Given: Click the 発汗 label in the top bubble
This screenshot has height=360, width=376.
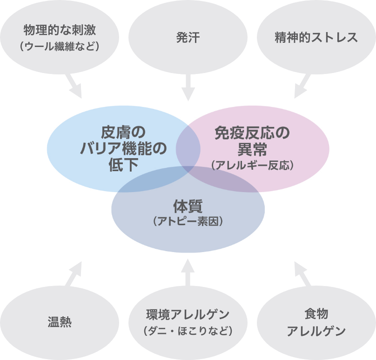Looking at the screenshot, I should point(188,38).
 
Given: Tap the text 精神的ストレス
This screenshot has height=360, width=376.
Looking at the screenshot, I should point(316,38).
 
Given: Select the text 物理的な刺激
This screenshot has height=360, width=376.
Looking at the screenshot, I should point(60,31).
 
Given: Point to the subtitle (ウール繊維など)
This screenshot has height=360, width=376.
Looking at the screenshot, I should point(60,47).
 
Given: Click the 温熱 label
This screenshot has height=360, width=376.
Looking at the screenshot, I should point(60,322).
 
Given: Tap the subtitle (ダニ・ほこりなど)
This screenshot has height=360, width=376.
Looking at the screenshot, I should point(188,331).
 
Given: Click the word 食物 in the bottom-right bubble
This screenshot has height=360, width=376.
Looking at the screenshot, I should point(316,314).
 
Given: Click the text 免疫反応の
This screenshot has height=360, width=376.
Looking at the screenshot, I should point(252,134).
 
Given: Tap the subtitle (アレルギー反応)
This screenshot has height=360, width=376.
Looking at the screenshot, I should point(252,166).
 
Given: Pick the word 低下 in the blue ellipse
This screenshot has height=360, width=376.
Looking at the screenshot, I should point(123,165).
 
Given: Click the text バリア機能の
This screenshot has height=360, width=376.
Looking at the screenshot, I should point(123,149).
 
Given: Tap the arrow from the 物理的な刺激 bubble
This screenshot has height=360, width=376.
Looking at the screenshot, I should point(74,87).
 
